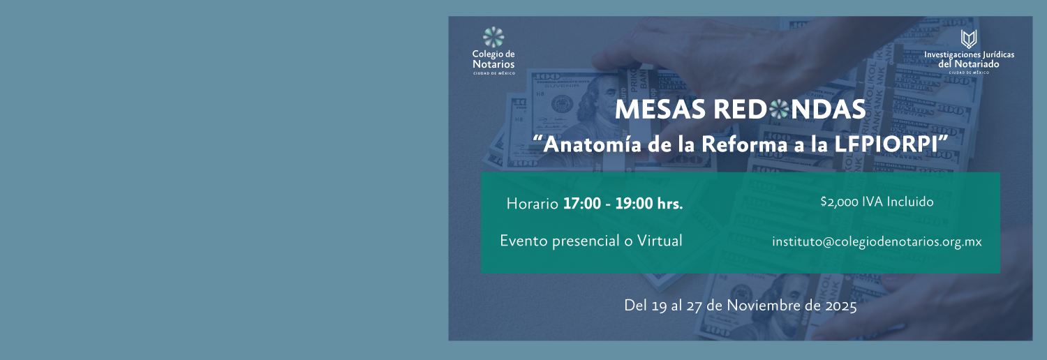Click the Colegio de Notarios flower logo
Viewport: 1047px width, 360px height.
coord(493,37)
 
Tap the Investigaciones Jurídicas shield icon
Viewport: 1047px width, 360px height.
coord(969,39)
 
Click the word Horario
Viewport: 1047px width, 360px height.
coord(532,204)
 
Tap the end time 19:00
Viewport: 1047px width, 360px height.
coord(634,204)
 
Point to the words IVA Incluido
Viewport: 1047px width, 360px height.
coord(898,202)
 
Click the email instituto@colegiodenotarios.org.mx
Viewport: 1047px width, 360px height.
coord(877,242)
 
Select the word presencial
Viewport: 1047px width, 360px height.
coord(585,241)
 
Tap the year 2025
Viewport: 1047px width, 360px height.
coord(840,306)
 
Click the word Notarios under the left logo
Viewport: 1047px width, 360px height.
coord(493,64)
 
